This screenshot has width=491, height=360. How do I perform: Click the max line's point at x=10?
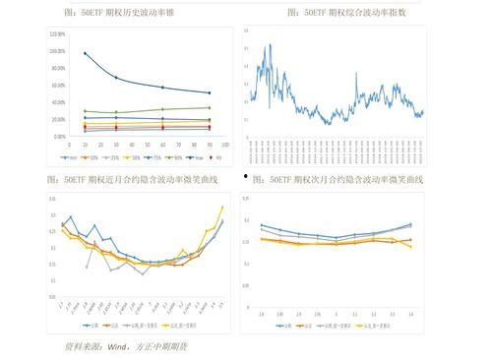(85, 53)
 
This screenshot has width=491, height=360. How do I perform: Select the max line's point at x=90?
(210, 92)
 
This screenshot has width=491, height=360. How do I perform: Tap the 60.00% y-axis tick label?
(58, 86)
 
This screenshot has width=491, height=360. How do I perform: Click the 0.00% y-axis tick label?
(60, 137)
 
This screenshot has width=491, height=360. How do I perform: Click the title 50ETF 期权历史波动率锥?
(133, 13)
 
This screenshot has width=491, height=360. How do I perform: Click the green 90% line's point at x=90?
(210, 107)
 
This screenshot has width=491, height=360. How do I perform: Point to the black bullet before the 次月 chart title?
(246, 176)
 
